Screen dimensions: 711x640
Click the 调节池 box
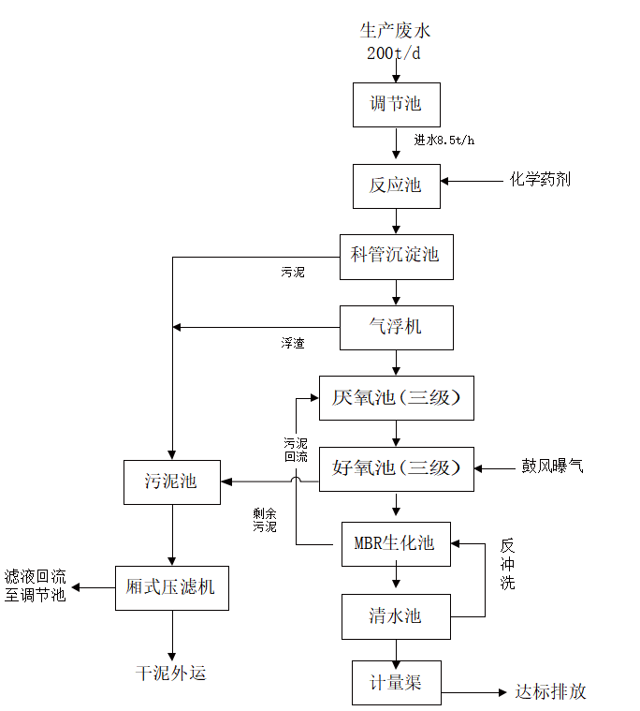tap(396, 105)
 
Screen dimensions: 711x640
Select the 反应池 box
tap(395, 185)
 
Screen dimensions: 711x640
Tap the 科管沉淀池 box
tap(396, 256)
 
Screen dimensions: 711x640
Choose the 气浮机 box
tap(396, 327)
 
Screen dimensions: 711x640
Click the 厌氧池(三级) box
tap(396, 398)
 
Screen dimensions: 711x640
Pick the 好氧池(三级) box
tap(396, 468)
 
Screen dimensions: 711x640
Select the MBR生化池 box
tap(395, 544)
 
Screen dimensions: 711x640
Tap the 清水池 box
tap(395, 615)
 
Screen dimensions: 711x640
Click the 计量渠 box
tap(395, 683)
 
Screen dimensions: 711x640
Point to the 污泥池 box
tap(171, 482)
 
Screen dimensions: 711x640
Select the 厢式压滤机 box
tap(171, 587)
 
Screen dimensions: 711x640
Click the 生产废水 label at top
tap(396, 31)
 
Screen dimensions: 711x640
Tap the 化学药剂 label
tap(540, 179)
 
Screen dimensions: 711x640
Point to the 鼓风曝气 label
tap(552, 466)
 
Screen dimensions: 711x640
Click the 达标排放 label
tap(551, 692)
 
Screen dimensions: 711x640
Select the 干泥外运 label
tap(171, 673)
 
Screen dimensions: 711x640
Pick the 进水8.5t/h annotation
tap(444, 141)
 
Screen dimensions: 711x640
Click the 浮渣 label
tap(293, 344)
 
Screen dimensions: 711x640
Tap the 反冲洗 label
tap(507, 563)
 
